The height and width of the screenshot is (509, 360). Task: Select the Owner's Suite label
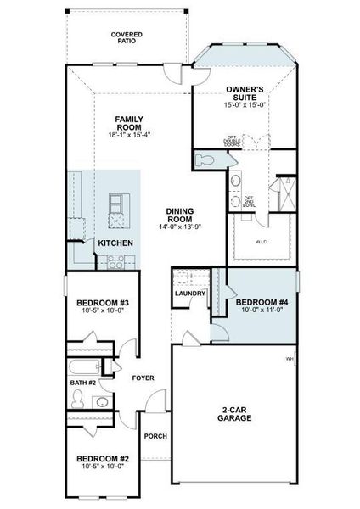click(246, 93)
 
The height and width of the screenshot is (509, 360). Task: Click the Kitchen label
click(115, 243)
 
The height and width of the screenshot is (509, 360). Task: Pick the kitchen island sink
click(117, 204)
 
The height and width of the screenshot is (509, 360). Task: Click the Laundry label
click(189, 294)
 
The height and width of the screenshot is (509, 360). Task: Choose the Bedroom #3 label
click(102, 303)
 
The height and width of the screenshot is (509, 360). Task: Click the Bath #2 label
click(83, 383)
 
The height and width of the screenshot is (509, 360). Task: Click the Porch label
click(155, 436)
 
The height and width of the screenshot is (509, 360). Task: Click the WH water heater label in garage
click(290, 359)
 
